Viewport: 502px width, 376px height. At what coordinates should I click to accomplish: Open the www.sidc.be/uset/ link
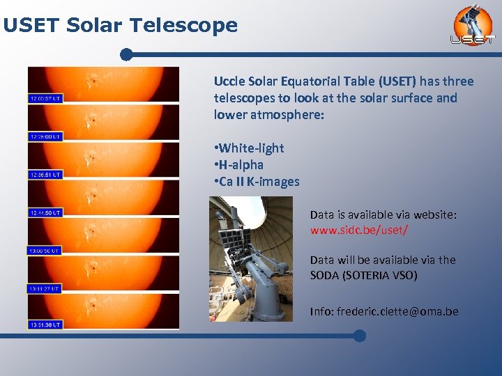(359, 229)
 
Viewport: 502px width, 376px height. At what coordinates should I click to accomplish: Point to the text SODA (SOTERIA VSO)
(363, 275)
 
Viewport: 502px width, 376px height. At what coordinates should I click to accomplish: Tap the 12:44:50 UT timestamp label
(45, 212)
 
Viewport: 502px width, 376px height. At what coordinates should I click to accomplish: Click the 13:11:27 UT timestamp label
(45, 288)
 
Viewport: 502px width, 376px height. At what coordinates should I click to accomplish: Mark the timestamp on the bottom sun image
(45, 324)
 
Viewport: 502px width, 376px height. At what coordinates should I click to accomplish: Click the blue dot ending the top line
(126, 54)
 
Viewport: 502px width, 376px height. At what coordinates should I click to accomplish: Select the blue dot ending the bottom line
(359, 336)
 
